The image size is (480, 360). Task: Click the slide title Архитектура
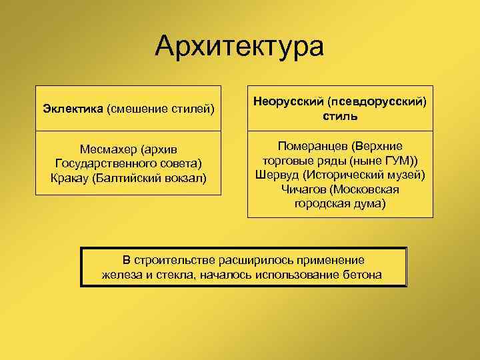tap(239, 46)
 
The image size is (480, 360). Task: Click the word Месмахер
tap(107, 149)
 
